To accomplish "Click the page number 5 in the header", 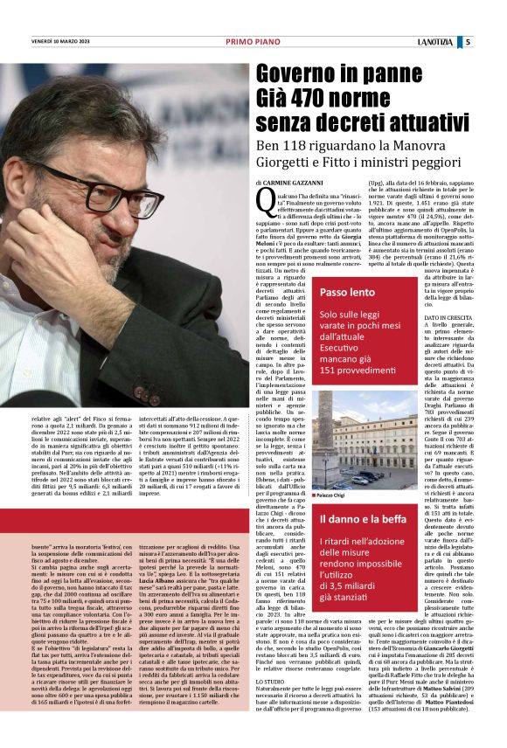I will (x=492, y=41).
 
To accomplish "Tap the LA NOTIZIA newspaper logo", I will (x=459, y=41).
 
